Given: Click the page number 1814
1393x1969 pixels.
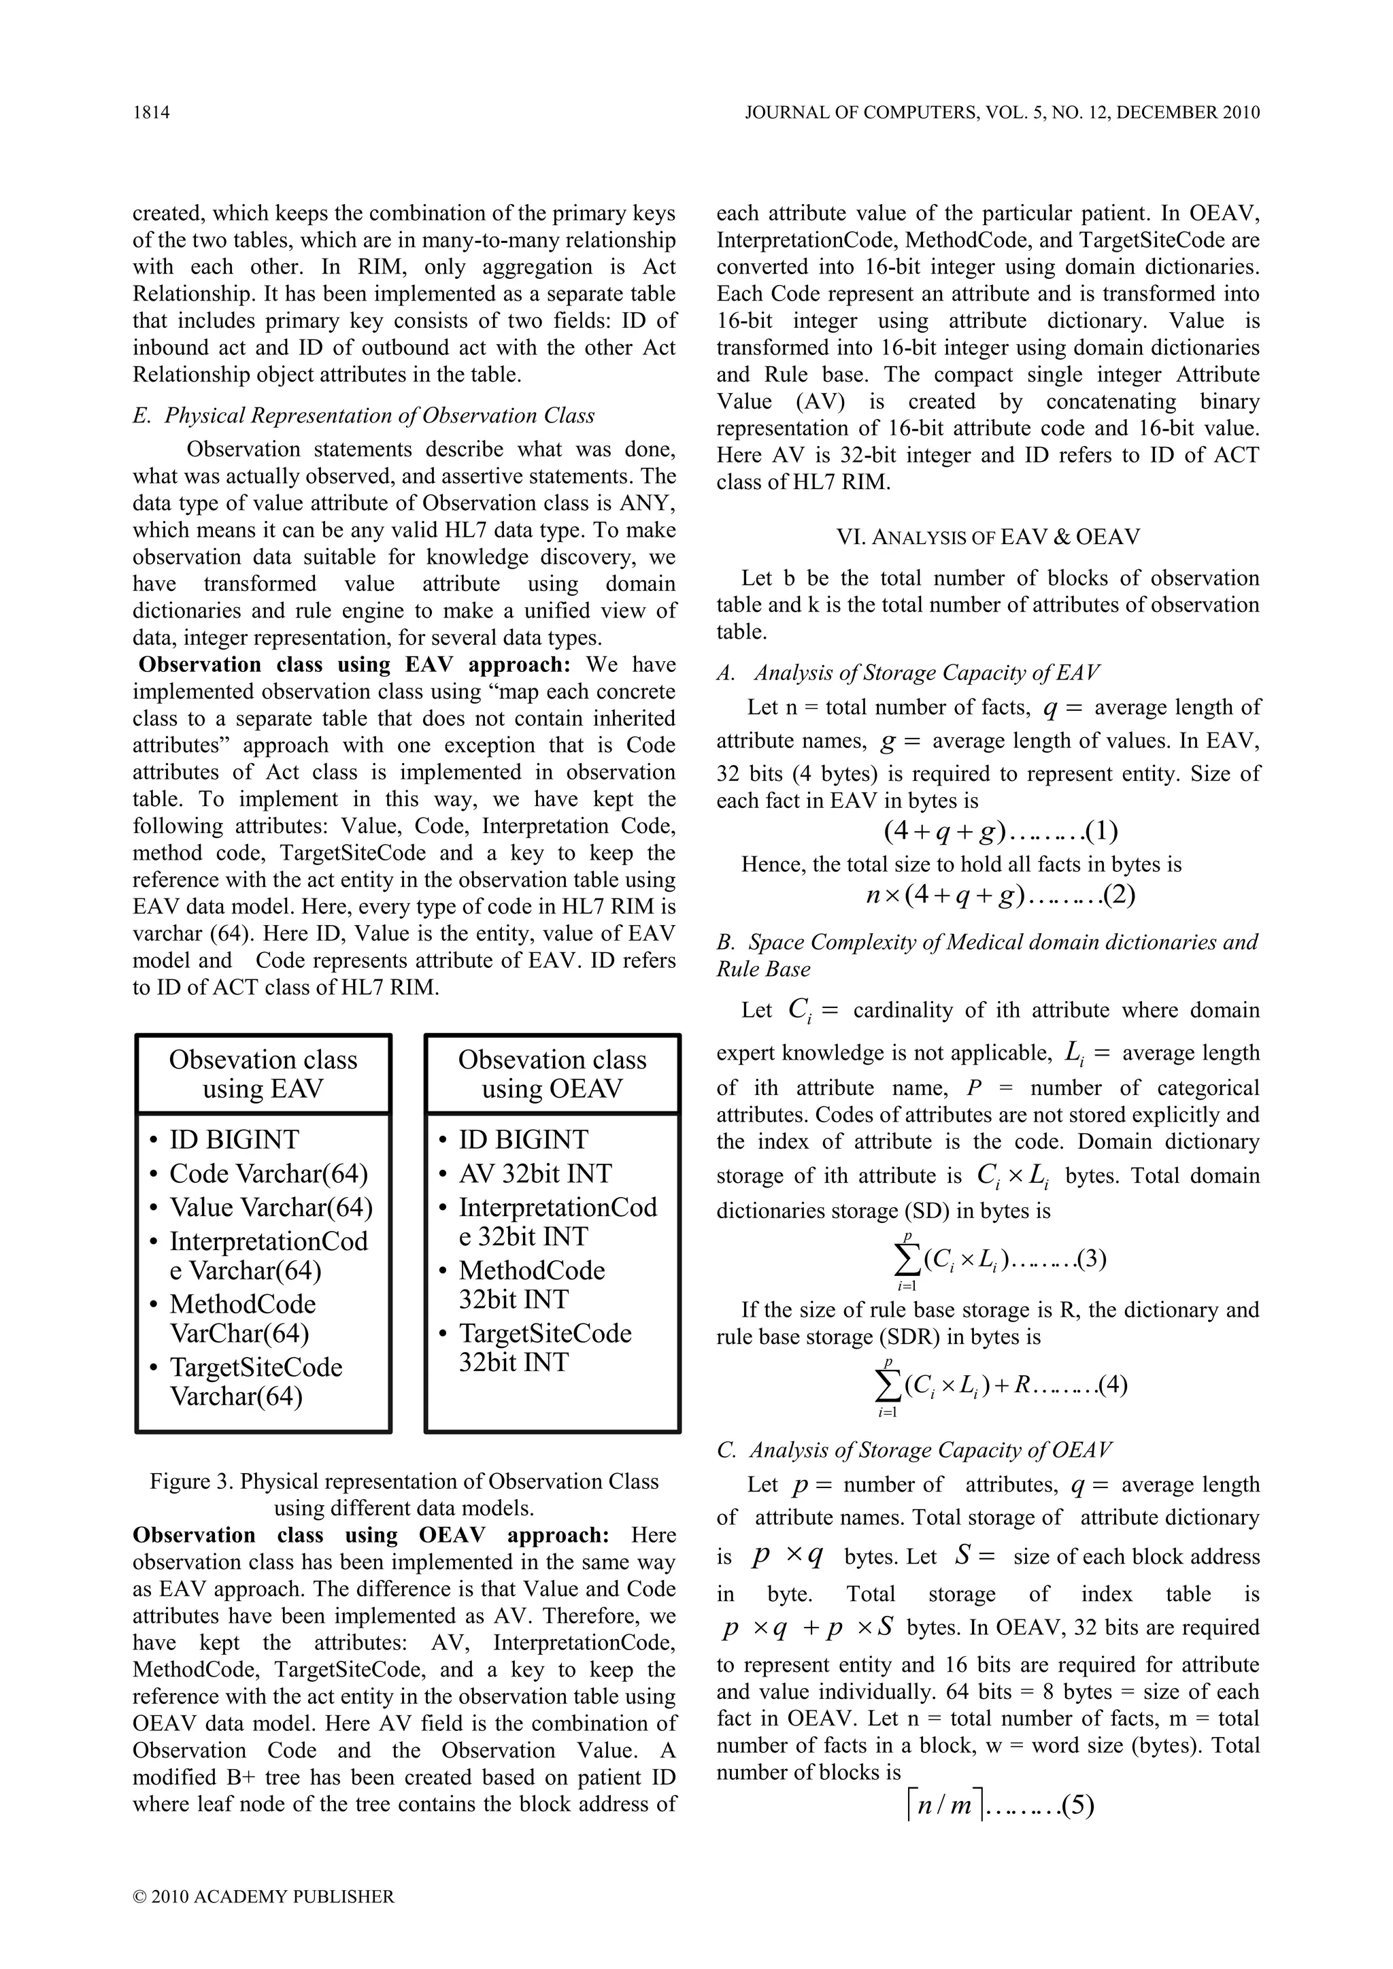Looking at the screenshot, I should pos(151,112).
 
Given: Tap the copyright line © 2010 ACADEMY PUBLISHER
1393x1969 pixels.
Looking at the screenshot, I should pos(264,1896).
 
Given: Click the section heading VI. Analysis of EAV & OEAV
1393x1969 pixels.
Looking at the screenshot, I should pos(988,538).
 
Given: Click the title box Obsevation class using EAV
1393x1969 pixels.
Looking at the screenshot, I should pos(263,1074).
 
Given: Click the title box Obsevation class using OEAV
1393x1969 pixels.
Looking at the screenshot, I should pos(552,1074).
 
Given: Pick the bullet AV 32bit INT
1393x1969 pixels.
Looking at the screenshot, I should pos(535,1173).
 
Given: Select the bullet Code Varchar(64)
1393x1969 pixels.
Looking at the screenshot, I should pos(267,1173).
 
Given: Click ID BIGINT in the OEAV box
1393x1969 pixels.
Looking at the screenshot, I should pos(523,1140).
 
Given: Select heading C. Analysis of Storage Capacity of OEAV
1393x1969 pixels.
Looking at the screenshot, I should pos(914,1449).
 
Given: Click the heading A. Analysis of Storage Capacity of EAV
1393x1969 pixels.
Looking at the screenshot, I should pos(908,673).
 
